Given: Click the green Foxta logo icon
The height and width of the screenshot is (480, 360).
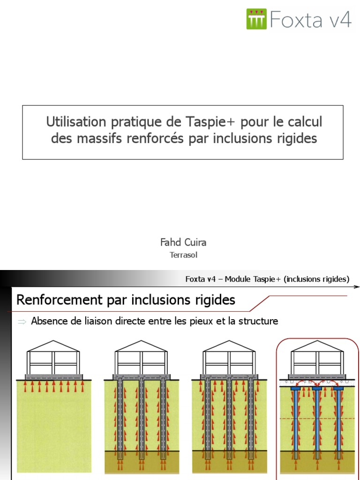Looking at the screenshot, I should point(256,19).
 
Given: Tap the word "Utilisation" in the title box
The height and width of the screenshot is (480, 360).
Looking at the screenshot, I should point(76,122).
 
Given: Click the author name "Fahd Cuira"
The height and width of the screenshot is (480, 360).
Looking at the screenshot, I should point(183,242).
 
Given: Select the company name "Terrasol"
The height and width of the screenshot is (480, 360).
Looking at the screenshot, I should point(183,255).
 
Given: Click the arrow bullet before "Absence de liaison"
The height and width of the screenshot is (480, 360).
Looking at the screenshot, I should point(22,322).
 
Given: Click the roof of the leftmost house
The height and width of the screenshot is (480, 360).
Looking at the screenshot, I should point(53,345).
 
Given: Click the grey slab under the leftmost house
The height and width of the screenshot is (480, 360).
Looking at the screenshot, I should point(53,376).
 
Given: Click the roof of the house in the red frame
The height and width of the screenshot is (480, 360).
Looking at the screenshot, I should point(317,345).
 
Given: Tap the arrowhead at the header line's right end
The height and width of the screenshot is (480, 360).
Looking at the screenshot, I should point(358,286).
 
